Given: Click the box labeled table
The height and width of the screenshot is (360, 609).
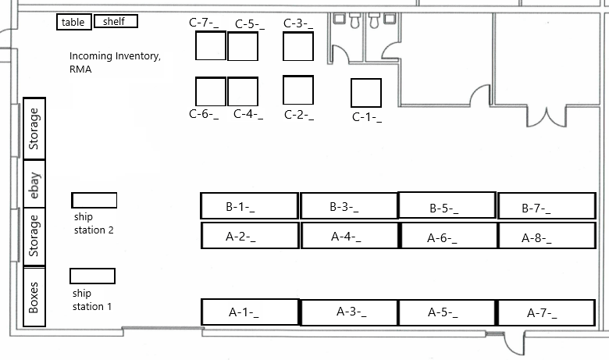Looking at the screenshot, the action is click(73, 23).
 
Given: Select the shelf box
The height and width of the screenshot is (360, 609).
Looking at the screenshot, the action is click(116, 22).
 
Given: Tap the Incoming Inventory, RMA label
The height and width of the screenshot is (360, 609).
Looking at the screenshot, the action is click(115, 62).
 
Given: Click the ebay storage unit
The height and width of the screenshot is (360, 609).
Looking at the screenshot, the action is click(34, 184).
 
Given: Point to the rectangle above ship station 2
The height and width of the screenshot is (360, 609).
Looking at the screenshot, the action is click(94, 200).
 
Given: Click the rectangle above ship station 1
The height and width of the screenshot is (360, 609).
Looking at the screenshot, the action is click(92, 276).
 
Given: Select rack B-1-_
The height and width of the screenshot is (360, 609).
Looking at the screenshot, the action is click(249, 206).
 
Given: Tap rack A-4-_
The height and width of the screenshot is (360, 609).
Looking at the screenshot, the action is click(349, 236).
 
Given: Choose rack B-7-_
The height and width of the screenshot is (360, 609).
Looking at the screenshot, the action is click(547, 206).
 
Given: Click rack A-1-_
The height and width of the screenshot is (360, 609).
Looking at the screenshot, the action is click(249, 312).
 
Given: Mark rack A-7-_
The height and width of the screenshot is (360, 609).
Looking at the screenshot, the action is click(547, 312).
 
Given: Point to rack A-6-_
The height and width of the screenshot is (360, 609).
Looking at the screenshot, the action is click(447, 236).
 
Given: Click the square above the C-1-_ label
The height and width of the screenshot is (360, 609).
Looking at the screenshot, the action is click(365, 93).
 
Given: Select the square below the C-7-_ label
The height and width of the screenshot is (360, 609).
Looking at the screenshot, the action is click(210, 46).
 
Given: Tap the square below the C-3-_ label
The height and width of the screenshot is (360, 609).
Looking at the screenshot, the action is click(297, 47).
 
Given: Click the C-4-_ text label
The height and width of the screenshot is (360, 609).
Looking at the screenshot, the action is click(248, 114).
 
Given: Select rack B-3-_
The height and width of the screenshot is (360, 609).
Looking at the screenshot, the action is click(349, 206).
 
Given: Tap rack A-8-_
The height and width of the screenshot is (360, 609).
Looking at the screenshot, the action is click(547, 236).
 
